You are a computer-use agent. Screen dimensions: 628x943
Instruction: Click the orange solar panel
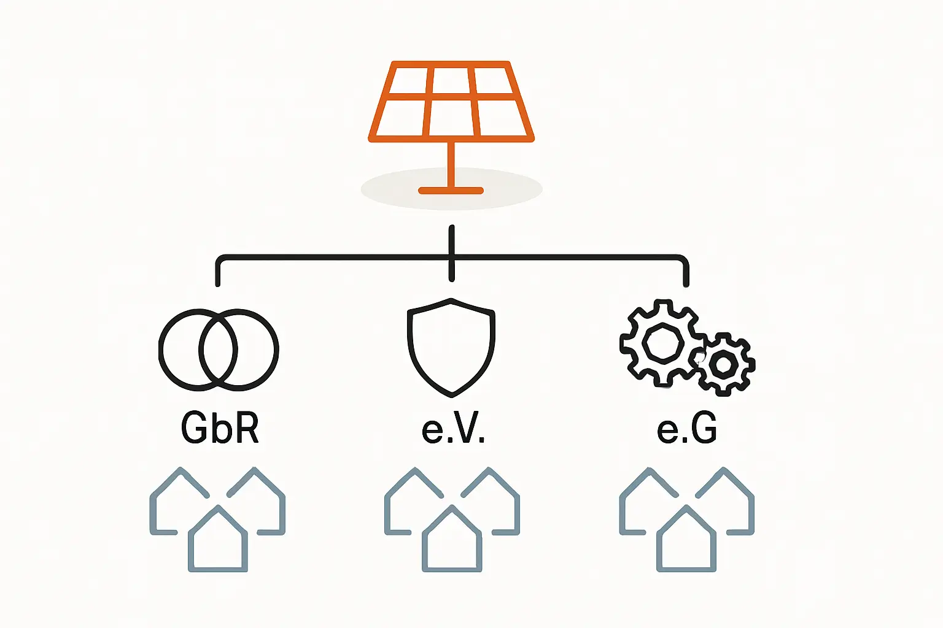click(451, 101)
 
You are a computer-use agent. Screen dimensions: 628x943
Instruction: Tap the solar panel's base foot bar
click(451, 191)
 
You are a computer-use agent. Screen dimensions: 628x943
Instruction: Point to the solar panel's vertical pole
click(451, 163)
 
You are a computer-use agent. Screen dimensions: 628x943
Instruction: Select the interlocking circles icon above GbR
click(219, 350)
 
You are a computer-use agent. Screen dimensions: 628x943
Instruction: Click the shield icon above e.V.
click(451, 347)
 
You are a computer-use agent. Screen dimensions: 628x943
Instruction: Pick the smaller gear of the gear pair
click(724, 364)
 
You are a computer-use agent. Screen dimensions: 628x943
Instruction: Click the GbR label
click(220, 427)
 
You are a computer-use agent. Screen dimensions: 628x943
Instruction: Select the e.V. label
click(453, 427)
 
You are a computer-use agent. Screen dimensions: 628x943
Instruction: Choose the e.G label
click(686, 427)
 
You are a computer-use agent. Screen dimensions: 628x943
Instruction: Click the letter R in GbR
click(246, 427)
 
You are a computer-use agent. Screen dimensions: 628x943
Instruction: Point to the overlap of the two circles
click(219, 350)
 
